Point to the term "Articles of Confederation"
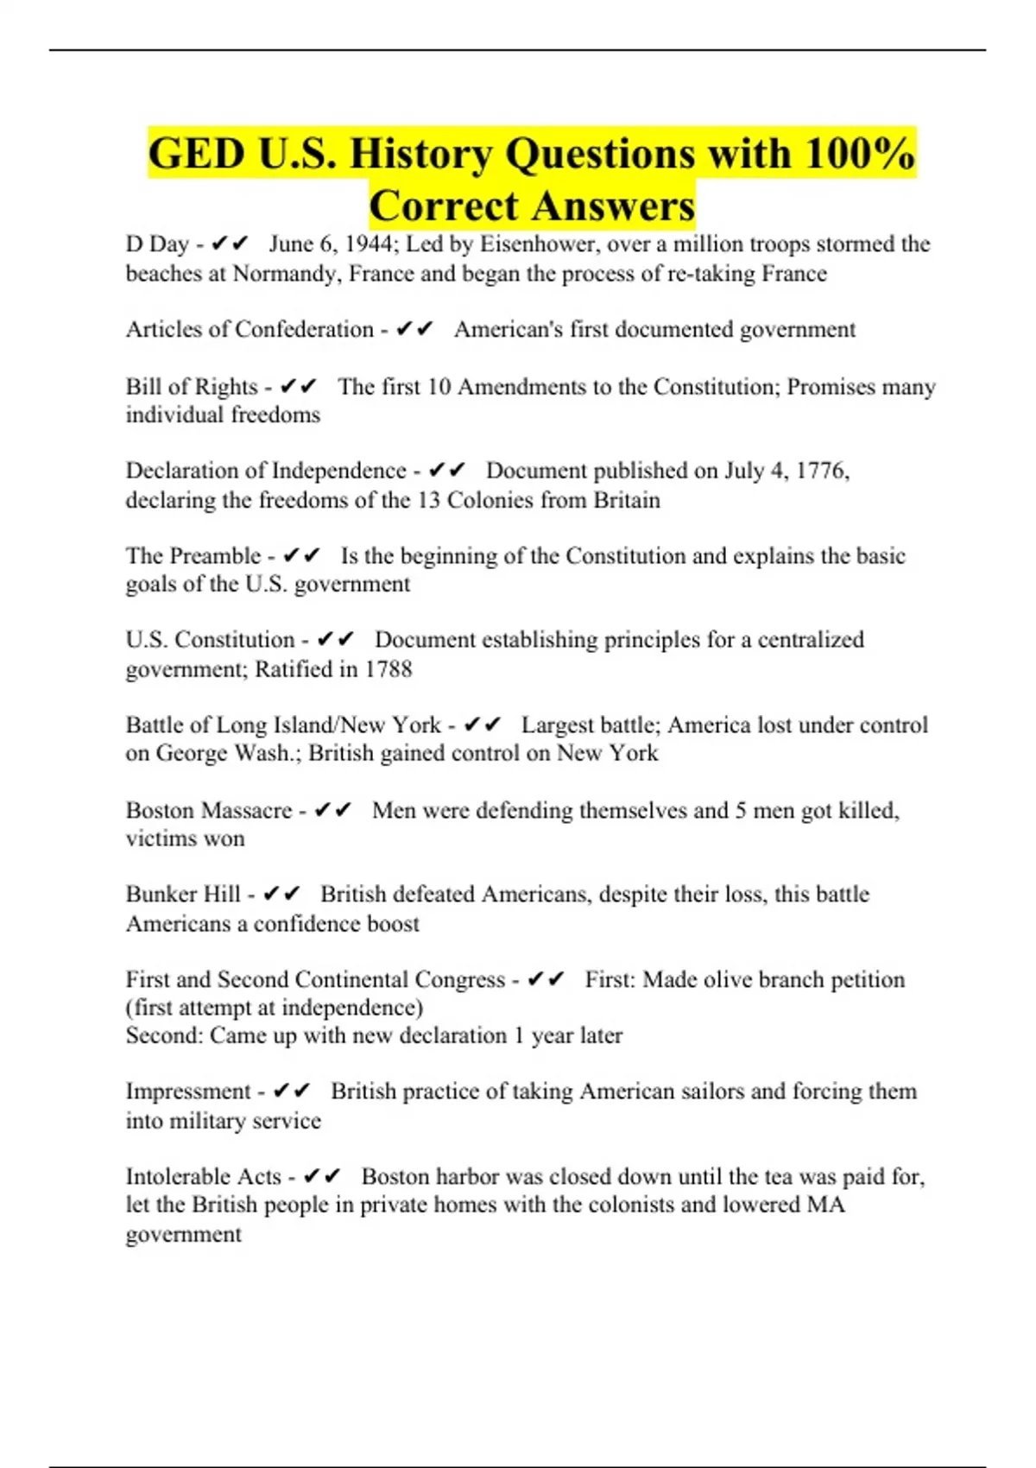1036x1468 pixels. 250,329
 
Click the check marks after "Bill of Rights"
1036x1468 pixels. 299,386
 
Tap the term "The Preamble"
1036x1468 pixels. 193,555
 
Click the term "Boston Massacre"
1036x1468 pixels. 209,810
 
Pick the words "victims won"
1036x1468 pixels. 185,838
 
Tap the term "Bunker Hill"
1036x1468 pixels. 183,894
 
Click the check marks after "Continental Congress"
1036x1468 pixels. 546,979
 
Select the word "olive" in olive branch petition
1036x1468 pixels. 727,979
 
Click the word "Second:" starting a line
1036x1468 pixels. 164,1035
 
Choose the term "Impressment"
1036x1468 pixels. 188,1092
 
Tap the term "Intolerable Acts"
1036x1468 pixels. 204,1176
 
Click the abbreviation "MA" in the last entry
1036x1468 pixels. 825,1205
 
